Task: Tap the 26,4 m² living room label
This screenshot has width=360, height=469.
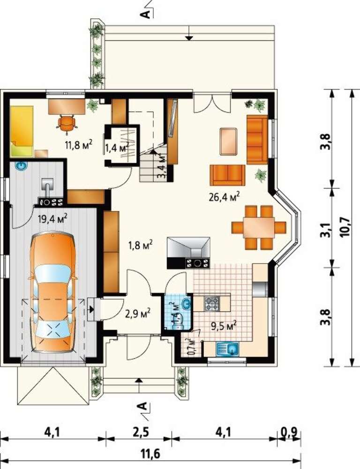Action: coord(224,197)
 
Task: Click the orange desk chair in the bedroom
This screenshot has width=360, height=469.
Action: coord(67,123)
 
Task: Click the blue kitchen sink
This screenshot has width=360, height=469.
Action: coord(227,348)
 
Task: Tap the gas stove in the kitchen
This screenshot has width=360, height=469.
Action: coord(212,303)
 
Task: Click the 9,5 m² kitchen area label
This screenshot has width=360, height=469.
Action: coord(224,325)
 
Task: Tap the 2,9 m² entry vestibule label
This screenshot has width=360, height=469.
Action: coord(137,314)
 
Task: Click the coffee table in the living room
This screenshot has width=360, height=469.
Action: coord(228,142)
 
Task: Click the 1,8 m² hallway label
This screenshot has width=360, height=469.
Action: coord(141,245)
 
